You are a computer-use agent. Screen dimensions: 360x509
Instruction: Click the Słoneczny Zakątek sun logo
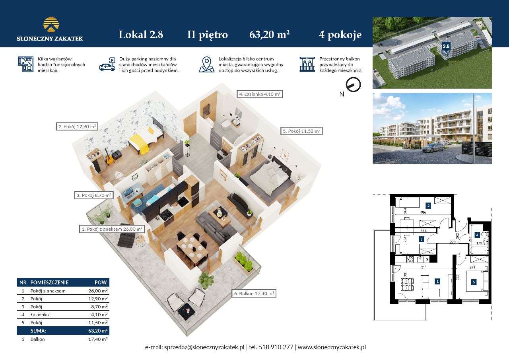(x=51, y=24)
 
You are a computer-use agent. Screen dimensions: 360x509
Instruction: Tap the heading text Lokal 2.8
(x=141, y=35)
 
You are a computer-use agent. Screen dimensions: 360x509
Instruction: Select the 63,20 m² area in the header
(x=269, y=35)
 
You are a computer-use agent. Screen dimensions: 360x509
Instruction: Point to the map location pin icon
(x=206, y=64)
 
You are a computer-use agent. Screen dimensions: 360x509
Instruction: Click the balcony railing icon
(x=307, y=64)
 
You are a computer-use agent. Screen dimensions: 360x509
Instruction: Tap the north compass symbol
(x=353, y=85)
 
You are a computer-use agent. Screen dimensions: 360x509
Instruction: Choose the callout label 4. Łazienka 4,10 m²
(x=260, y=94)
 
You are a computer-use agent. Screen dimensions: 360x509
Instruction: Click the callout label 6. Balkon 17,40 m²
(x=254, y=294)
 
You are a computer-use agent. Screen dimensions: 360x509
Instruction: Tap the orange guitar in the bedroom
(x=109, y=159)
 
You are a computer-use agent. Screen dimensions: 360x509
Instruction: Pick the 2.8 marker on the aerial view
(x=446, y=46)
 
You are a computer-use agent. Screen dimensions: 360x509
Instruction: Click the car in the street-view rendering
(x=433, y=148)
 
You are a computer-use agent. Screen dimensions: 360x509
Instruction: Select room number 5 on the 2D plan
(x=474, y=282)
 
